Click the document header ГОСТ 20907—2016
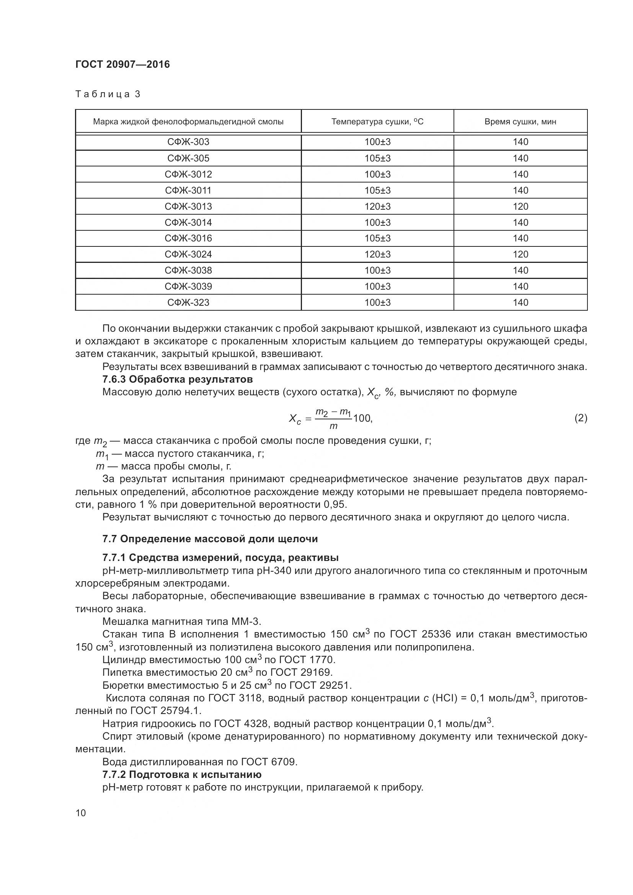(x=122, y=64)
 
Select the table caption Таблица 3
(x=108, y=94)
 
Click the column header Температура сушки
(x=377, y=122)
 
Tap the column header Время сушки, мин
(x=520, y=122)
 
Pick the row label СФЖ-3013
(x=188, y=206)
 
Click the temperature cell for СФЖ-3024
(x=377, y=254)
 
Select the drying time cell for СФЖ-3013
(x=520, y=206)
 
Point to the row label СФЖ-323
(x=188, y=302)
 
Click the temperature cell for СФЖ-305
(x=377, y=158)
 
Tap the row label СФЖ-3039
(x=188, y=286)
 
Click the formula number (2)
(x=581, y=418)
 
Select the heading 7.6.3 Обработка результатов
(x=177, y=379)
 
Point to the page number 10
(x=81, y=812)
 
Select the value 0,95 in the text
(x=334, y=504)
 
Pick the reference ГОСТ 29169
(x=301, y=672)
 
